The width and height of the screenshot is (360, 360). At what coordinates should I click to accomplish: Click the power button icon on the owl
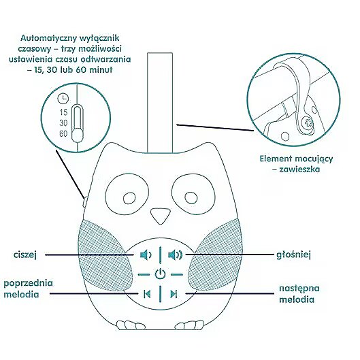[160, 274]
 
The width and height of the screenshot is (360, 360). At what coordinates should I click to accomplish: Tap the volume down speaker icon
[146, 255]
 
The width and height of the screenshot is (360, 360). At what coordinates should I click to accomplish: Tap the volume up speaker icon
[175, 255]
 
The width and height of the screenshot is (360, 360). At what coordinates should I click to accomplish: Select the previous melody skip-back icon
[147, 293]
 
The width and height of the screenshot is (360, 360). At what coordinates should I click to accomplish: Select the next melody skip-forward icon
[174, 293]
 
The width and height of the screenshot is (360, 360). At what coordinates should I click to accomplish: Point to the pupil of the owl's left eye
[129, 198]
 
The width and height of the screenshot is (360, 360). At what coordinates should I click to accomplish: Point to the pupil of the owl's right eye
[191, 197]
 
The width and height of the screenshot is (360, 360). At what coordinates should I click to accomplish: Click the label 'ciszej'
[25, 255]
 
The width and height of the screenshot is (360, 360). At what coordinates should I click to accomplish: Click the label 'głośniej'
[293, 255]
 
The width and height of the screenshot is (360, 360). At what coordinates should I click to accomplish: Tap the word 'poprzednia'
[28, 284]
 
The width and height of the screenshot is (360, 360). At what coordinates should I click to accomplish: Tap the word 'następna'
[299, 289]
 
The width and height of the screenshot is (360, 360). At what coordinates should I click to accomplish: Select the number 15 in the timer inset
[63, 112]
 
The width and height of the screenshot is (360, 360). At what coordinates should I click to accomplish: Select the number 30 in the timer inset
[63, 123]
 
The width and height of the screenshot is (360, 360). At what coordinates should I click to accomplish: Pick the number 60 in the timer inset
[63, 134]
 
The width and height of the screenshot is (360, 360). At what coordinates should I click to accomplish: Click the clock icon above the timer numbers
[63, 99]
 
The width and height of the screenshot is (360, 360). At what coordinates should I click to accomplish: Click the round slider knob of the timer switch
[78, 135]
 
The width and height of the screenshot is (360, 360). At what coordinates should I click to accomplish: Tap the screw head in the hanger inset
[307, 122]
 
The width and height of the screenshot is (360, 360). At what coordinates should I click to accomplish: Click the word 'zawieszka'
[299, 169]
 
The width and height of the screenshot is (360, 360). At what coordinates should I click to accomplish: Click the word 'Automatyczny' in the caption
[48, 38]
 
